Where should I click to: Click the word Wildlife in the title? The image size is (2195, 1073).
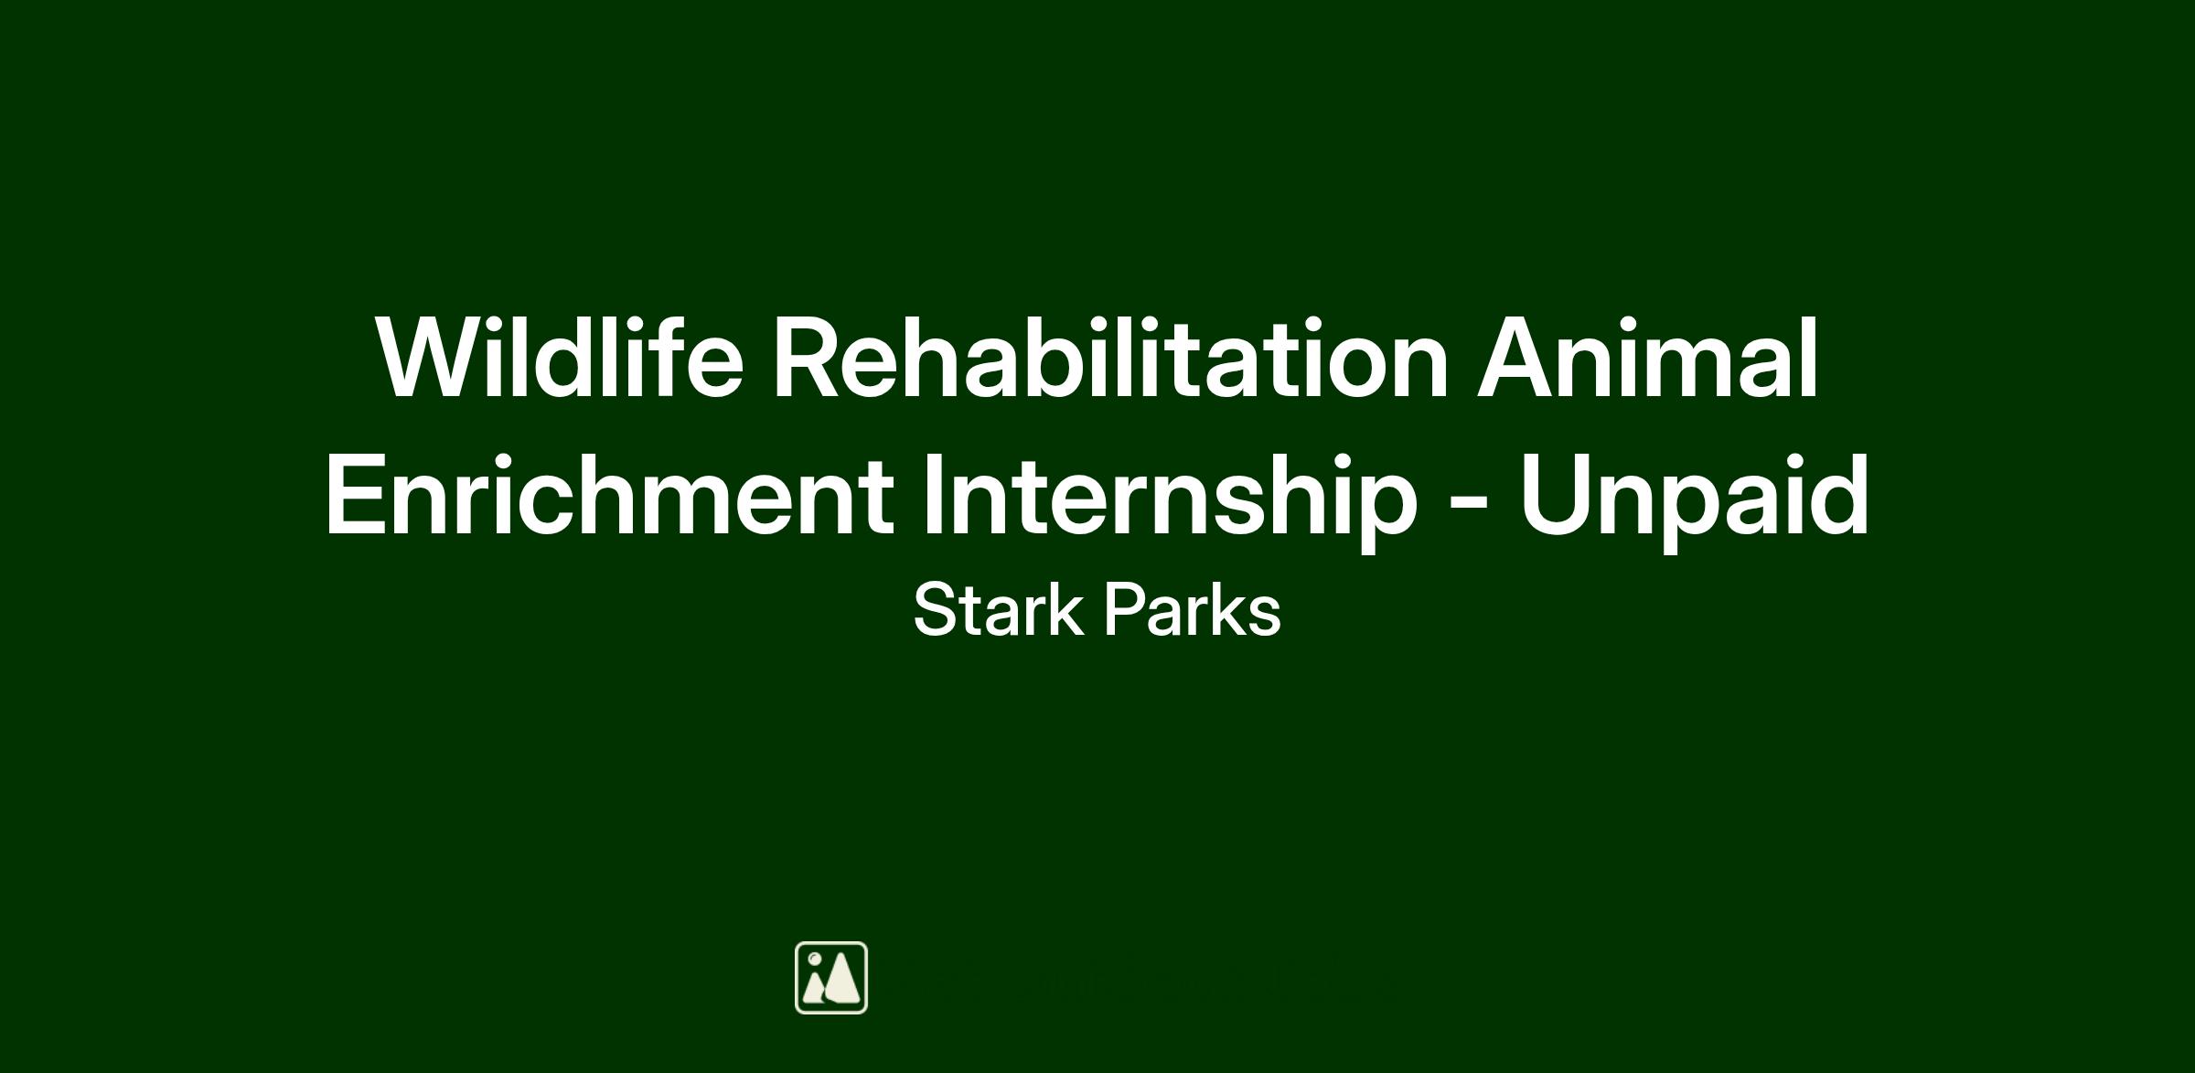559,357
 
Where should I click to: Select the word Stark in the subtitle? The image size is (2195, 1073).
998,609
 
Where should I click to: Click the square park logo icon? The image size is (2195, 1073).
831,978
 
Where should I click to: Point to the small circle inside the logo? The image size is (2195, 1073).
814,959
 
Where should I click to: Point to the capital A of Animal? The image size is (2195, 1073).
1519,358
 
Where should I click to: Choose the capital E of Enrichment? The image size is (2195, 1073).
356,494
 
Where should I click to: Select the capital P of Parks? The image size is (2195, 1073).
1125,610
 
